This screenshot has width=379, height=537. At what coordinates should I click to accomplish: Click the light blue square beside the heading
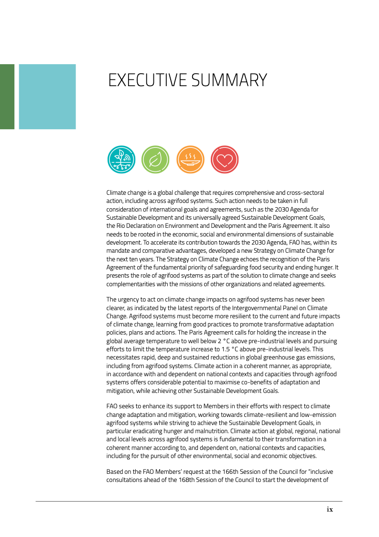click(47, 97)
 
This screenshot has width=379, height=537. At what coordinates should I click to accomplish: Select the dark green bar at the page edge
click(7, 97)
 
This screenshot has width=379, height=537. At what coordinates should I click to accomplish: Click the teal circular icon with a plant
click(121, 159)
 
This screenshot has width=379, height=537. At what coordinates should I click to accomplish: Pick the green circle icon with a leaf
click(156, 159)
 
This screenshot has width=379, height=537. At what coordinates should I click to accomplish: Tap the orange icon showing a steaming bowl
click(190, 159)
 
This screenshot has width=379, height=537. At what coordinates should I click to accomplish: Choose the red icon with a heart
click(225, 159)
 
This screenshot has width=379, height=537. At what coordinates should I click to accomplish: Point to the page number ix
click(330, 510)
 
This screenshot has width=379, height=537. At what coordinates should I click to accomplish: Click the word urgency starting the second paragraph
click(129, 300)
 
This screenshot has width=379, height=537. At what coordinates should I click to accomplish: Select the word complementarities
click(136, 284)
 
